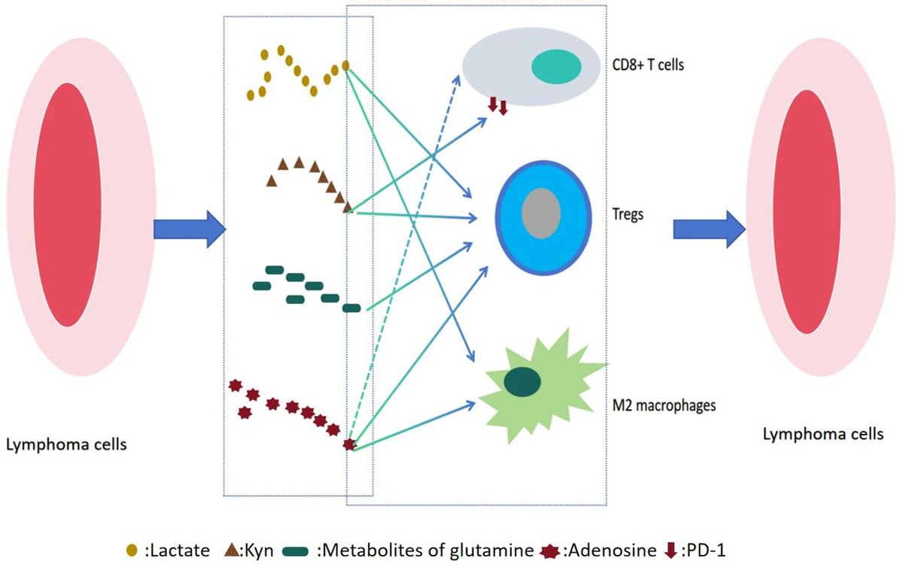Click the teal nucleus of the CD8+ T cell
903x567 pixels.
point(556,67)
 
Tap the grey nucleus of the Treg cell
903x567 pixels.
point(540,211)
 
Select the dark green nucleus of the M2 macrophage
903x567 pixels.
point(522,381)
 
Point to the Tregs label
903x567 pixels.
point(628,214)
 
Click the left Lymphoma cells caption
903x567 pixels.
point(66,444)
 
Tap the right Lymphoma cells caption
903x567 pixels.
point(823,434)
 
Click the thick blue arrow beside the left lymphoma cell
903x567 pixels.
point(189,228)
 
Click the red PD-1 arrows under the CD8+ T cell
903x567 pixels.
point(497,106)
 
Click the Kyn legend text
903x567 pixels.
point(258,550)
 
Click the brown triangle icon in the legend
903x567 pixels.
point(232,550)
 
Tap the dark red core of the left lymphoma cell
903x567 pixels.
point(67,205)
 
